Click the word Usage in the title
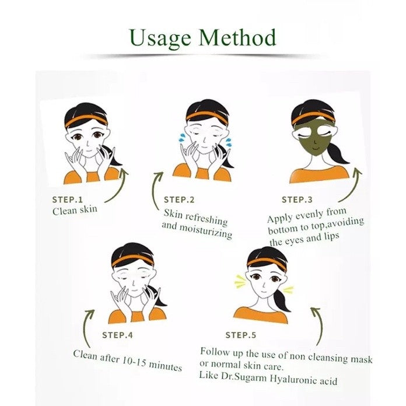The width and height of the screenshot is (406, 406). [x=160, y=38]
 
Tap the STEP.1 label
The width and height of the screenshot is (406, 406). [x=67, y=199]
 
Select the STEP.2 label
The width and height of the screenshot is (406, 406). [x=179, y=199]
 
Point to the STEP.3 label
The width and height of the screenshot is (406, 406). [x=297, y=199]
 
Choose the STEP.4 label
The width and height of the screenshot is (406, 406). [x=117, y=335]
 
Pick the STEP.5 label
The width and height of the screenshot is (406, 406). [x=240, y=335]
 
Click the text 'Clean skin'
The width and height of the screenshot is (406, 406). [x=75, y=210]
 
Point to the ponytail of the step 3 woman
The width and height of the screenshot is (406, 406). [x=337, y=153]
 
